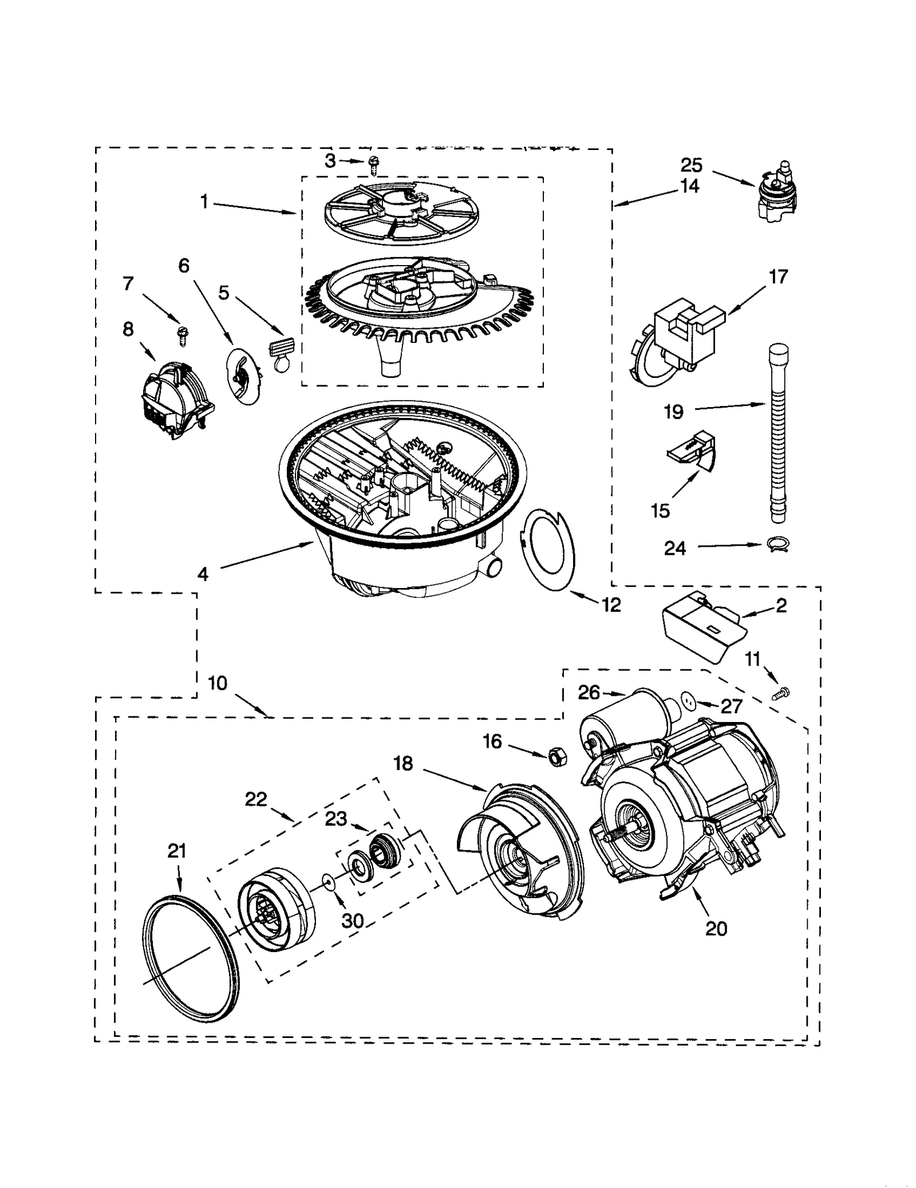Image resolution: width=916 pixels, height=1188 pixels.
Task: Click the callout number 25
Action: coord(691,165)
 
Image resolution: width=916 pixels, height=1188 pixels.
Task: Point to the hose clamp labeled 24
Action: coord(778,545)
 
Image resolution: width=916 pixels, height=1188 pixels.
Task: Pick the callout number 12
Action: coord(611,605)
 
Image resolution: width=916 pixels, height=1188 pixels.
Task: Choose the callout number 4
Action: coord(203,574)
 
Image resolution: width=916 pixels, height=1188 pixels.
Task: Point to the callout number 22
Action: coord(256,799)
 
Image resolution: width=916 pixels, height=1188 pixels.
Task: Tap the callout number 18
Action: coord(403,763)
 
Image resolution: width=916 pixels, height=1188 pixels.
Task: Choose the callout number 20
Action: coord(716,928)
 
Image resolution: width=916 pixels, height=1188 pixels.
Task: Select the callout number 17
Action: coord(778,277)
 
